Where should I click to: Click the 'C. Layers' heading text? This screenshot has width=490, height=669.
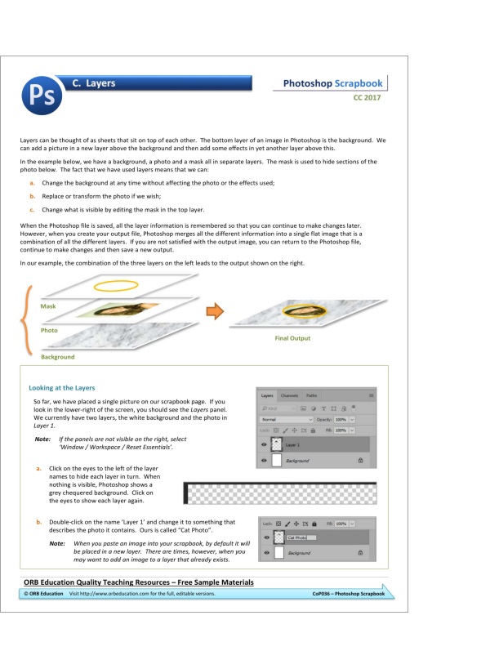[x=93, y=83]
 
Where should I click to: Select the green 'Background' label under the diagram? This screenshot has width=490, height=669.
[x=57, y=357]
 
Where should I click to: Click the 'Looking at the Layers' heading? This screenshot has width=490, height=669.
[x=62, y=387]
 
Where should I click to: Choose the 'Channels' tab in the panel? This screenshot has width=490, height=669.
[x=291, y=395]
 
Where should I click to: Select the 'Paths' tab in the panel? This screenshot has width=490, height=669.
[x=312, y=395]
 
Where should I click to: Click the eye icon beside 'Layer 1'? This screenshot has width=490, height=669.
[x=265, y=444]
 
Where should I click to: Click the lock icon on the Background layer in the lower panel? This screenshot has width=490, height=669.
[x=360, y=553]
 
